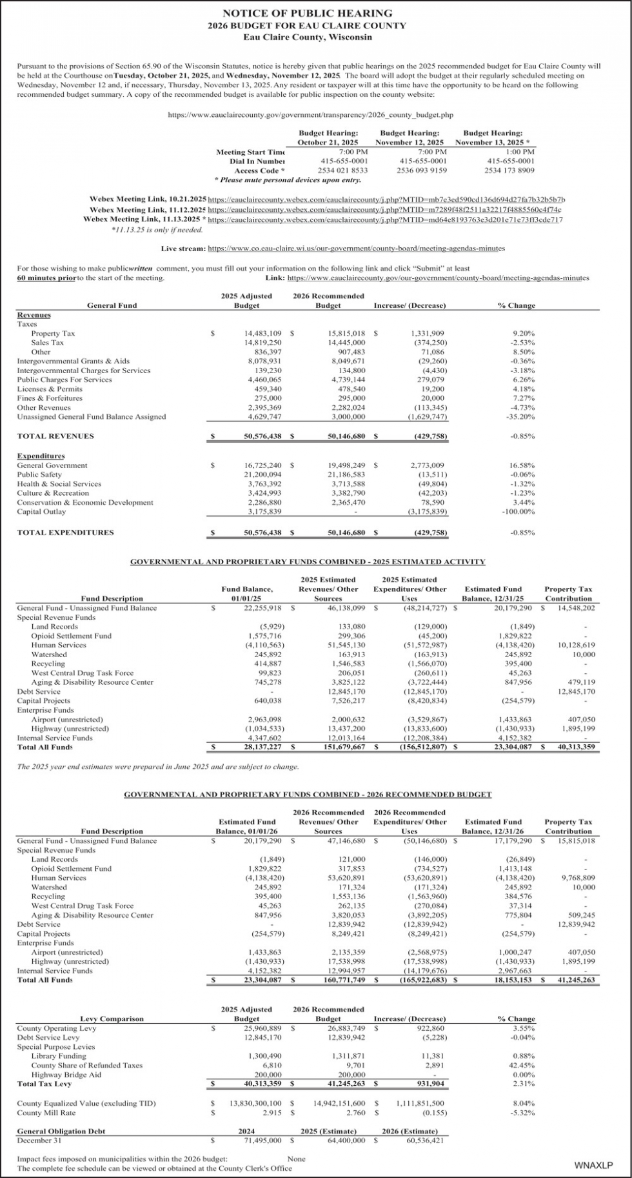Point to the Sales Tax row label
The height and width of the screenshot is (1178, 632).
tap(48, 343)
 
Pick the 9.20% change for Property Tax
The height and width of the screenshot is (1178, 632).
tap(523, 334)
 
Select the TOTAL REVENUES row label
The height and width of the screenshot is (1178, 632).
tap(55, 436)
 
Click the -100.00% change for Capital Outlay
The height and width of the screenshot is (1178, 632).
tap(518, 512)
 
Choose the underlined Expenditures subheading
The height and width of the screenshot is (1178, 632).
tap(41, 456)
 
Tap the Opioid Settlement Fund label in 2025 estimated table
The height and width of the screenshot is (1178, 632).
tap(71, 636)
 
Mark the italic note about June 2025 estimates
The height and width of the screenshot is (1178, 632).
tap(158, 767)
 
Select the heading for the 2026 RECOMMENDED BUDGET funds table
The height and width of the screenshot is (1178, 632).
tap(308, 795)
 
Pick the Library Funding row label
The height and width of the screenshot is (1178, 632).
tap(59, 1056)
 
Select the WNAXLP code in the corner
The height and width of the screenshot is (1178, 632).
tap(593, 1165)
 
